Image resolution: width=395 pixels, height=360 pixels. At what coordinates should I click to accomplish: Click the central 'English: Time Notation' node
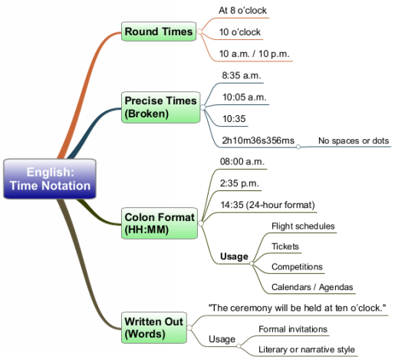point(50,179)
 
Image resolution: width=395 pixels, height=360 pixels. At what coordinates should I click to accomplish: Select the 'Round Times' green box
point(159,31)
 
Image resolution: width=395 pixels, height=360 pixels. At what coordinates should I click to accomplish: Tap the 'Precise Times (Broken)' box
point(160,107)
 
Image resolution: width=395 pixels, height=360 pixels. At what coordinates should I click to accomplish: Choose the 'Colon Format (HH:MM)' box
point(160,223)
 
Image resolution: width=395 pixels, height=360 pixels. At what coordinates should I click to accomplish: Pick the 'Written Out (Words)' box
point(154,328)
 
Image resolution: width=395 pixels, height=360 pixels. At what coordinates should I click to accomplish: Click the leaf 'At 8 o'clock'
point(242,11)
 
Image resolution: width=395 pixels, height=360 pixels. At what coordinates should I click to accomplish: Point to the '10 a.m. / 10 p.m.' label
point(254,54)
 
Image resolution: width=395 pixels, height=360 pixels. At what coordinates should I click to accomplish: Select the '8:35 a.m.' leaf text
point(242,75)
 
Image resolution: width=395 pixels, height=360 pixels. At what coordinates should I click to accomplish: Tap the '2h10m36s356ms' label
point(258,140)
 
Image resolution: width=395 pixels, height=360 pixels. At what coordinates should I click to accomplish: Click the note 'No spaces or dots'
point(354,140)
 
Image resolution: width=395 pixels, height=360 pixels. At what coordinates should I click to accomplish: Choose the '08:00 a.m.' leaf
point(242,162)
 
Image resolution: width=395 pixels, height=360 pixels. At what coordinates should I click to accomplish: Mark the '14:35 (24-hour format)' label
point(268,205)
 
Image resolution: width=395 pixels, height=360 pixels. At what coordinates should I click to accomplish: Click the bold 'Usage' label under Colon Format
point(234,256)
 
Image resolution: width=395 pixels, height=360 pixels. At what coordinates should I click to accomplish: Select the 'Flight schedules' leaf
point(303,226)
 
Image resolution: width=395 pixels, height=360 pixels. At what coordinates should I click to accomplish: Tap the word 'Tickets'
point(285,246)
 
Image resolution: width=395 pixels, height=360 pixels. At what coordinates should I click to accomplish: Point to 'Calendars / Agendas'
point(312,287)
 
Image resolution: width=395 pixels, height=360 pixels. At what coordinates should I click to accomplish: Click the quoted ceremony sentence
point(297,308)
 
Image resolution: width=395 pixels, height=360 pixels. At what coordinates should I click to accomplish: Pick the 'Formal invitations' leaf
point(293,329)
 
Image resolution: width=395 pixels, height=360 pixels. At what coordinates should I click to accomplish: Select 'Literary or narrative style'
point(307,349)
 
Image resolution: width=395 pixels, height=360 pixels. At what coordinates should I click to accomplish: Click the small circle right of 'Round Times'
point(199,31)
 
